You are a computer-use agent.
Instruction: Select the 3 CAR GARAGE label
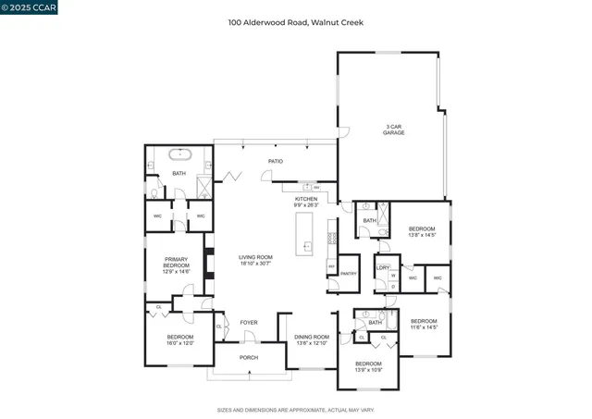point(395,129)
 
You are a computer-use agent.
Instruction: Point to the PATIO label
point(276,161)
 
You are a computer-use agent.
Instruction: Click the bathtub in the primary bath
point(179,155)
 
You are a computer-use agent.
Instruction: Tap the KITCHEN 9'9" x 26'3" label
point(306,202)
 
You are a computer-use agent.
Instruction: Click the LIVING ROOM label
point(255,260)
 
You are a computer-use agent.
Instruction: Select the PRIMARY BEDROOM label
point(177,264)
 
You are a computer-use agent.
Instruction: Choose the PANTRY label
point(349,273)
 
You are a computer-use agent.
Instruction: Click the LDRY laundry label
point(383,267)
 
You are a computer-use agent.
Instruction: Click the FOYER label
point(249,323)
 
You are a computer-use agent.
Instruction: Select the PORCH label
point(249,357)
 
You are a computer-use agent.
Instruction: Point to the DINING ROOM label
point(312,339)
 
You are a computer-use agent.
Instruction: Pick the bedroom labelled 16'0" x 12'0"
point(179,339)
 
